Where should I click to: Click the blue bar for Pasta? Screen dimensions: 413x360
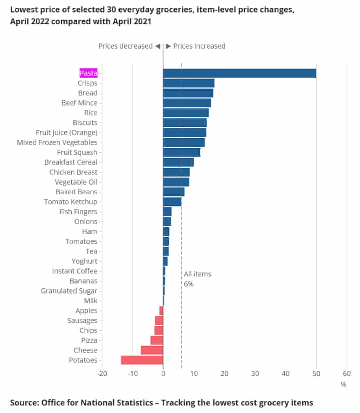pyautogui.click(x=239, y=73)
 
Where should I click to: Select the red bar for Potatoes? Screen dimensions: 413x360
pyautogui.click(x=142, y=360)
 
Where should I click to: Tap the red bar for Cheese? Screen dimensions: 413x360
pyautogui.click(x=152, y=350)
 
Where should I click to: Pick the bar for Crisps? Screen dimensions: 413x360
pyautogui.click(x=188, y=83)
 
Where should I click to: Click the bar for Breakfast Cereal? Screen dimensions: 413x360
pyautogui.click(x=178, y=162)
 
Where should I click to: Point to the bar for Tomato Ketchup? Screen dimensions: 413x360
pyautogui.click(x=172, y=202)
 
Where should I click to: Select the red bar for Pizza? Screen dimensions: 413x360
pyautogui.click(x=157, y=340)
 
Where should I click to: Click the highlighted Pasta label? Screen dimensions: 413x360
pyautogui.click(x=88, y=73)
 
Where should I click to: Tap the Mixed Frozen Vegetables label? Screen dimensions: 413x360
pyautogui.click(x=57, y=143)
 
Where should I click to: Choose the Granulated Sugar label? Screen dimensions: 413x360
pyautogui.click(x=69, y=291)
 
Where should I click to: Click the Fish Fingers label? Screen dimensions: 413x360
pyautogui.click(x=78, y=212)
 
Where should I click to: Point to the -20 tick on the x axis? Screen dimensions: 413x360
pyautogui.click(x=102, y=373)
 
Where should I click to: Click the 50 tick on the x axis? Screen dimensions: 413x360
pyautogui.click(x=316, y=373)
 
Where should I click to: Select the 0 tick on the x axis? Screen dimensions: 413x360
pyautogui.click(x=163, y=373)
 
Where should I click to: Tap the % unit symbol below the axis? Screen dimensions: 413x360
pyautogui.click(x=343, y=384)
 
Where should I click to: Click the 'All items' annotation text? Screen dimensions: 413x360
pyautogui.click(x=197, y=274)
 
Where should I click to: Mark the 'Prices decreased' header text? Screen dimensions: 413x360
pyautogui.click(x=125, y=46)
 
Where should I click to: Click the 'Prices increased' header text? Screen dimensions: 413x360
pyautogui.click(x=199, y=46)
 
